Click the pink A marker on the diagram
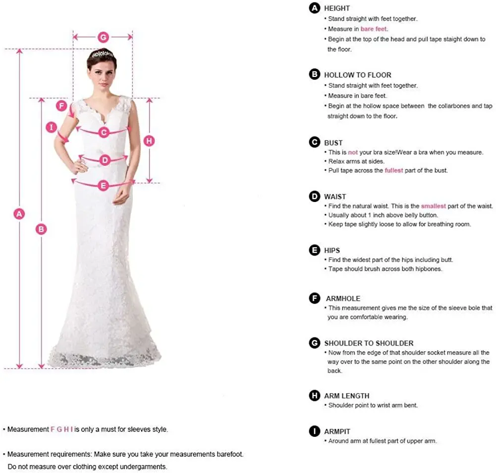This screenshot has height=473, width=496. pos(19,214)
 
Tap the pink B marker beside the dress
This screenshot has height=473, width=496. pos(42,229)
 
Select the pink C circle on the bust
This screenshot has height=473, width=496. pos(104,132)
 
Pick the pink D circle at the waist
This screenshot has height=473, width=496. pos(105,160)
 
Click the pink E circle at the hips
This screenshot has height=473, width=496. pos(103,186)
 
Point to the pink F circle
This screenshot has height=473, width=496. pos(61,106)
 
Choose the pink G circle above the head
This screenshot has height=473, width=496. pos(103,37)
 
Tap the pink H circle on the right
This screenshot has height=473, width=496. pos(149,140)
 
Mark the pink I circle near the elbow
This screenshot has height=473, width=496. pos(51,128)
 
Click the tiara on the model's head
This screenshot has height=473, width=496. pos(103,54)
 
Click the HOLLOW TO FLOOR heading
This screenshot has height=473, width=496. pos(357,75)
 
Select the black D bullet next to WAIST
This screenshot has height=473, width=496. pos(314,197)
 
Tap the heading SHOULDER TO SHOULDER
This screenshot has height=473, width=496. pos(368,343)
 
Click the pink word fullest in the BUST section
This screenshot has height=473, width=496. pos(393,170)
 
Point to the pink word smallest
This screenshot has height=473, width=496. pos(434,206)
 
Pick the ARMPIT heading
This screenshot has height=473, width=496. pos(337,431)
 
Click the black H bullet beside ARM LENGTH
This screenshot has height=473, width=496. pos(314,396)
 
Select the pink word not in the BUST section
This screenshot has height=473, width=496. pos(352,152)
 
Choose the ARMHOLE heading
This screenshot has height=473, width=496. pos(343,298)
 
